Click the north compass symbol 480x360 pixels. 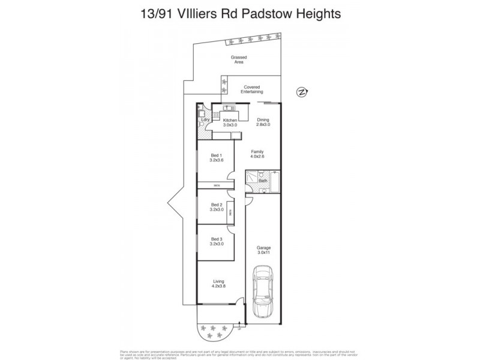302,92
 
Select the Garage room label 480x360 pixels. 263,248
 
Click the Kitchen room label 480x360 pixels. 230,121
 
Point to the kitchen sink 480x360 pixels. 228,108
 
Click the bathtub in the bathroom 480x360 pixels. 275,181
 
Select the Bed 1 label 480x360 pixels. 216,156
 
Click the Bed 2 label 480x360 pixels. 216,205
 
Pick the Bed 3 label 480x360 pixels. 216,239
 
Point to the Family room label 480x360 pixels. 257,152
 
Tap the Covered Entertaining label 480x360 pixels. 251,89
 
